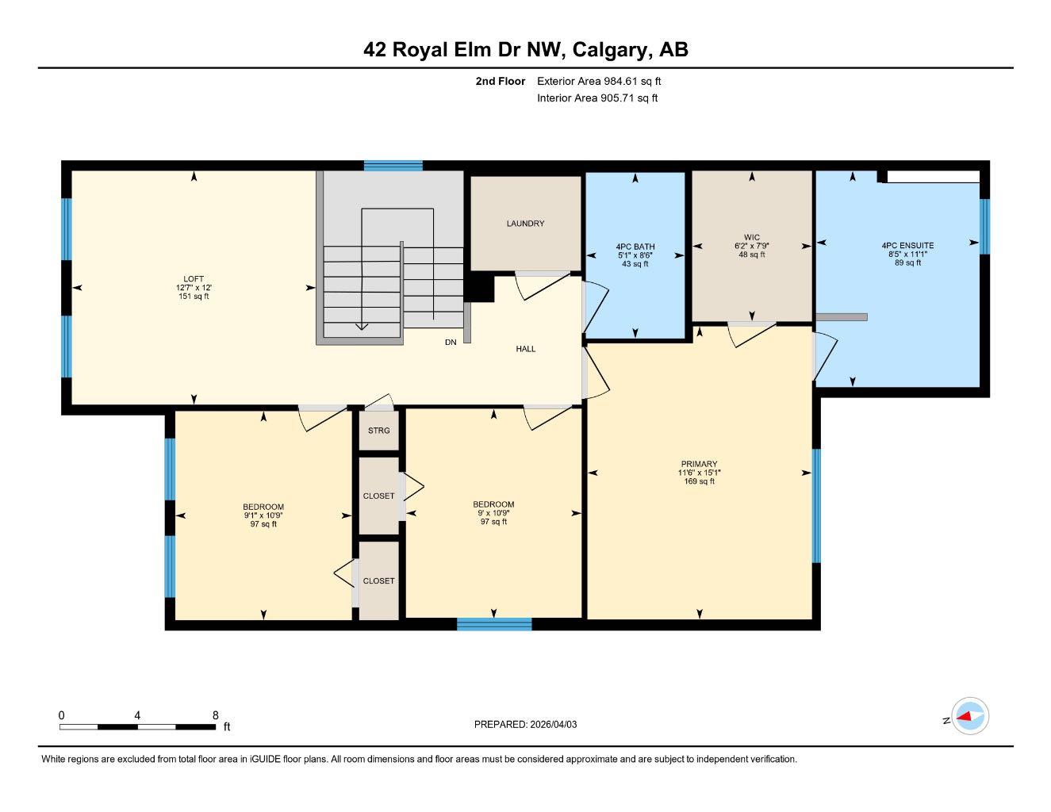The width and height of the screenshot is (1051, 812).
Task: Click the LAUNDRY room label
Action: (x=525, y=224)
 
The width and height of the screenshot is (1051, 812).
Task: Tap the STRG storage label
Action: (x=378, y=431)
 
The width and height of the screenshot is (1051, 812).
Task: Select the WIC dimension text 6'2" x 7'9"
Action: (x=752, y=246)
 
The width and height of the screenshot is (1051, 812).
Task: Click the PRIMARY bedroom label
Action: (x=699, y=464)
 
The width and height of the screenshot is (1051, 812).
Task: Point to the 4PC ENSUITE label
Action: (x=907, y=246)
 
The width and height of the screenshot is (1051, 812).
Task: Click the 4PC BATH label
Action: (x=635, y=247)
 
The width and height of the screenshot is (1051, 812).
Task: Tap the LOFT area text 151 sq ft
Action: (x=194, y=297)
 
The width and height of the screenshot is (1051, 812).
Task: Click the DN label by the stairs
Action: (x=451, y=343)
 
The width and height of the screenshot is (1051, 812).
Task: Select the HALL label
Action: (x=526, y=349)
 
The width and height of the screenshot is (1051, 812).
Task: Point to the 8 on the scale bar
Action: (x=215, y=715)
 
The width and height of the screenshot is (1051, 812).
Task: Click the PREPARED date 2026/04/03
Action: (x=559, y=724)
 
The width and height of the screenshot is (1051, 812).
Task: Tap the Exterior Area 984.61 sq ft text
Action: (x=599, y=81)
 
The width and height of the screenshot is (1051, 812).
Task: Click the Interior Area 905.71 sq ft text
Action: (x=597, y=98)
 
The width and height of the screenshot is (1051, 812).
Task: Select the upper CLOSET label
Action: (x=378, y=496)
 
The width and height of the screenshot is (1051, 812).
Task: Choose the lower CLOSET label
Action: (x=378, y=581)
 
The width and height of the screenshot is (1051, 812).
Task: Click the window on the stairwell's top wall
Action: (x=393, y=166)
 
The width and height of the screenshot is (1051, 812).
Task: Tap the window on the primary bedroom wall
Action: (x=815, y=506)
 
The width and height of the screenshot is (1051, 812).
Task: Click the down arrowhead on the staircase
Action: (x=361, y=324)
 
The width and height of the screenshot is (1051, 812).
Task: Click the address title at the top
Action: (x=525, y=50)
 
